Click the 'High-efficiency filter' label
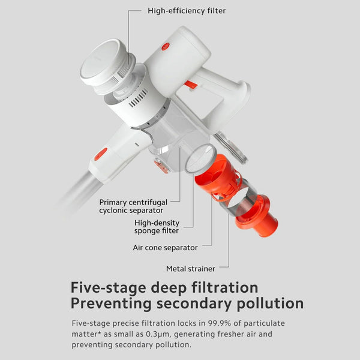pos(187,11)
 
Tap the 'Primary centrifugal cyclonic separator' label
pos(133,206)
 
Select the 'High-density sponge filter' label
pos(157,227)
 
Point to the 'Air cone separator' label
pos(165,247)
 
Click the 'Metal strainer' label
pos(191,268)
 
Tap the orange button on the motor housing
pos(166,47)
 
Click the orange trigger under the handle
pos(191,85)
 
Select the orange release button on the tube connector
pos(101,154)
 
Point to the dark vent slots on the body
pos(138,98)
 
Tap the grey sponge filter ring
pos(201,158)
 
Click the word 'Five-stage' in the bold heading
pos(108,287)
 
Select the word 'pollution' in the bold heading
pos(270,303)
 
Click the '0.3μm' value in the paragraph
pos(158,334)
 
